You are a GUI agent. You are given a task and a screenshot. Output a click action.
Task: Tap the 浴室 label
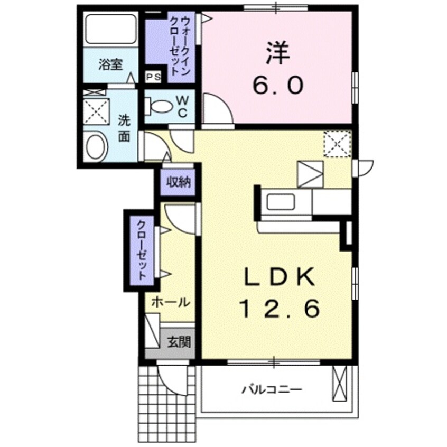coord(110,66)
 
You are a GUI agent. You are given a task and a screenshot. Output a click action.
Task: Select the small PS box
coord(154,77)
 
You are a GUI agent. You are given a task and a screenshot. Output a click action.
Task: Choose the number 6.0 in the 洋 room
coord(278,84)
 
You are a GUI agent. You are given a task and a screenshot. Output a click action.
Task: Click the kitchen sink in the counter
coord(283,202)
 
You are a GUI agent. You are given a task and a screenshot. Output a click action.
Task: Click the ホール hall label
coord(170,302)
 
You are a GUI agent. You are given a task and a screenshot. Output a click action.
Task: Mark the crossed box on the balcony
coord(339,384)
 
